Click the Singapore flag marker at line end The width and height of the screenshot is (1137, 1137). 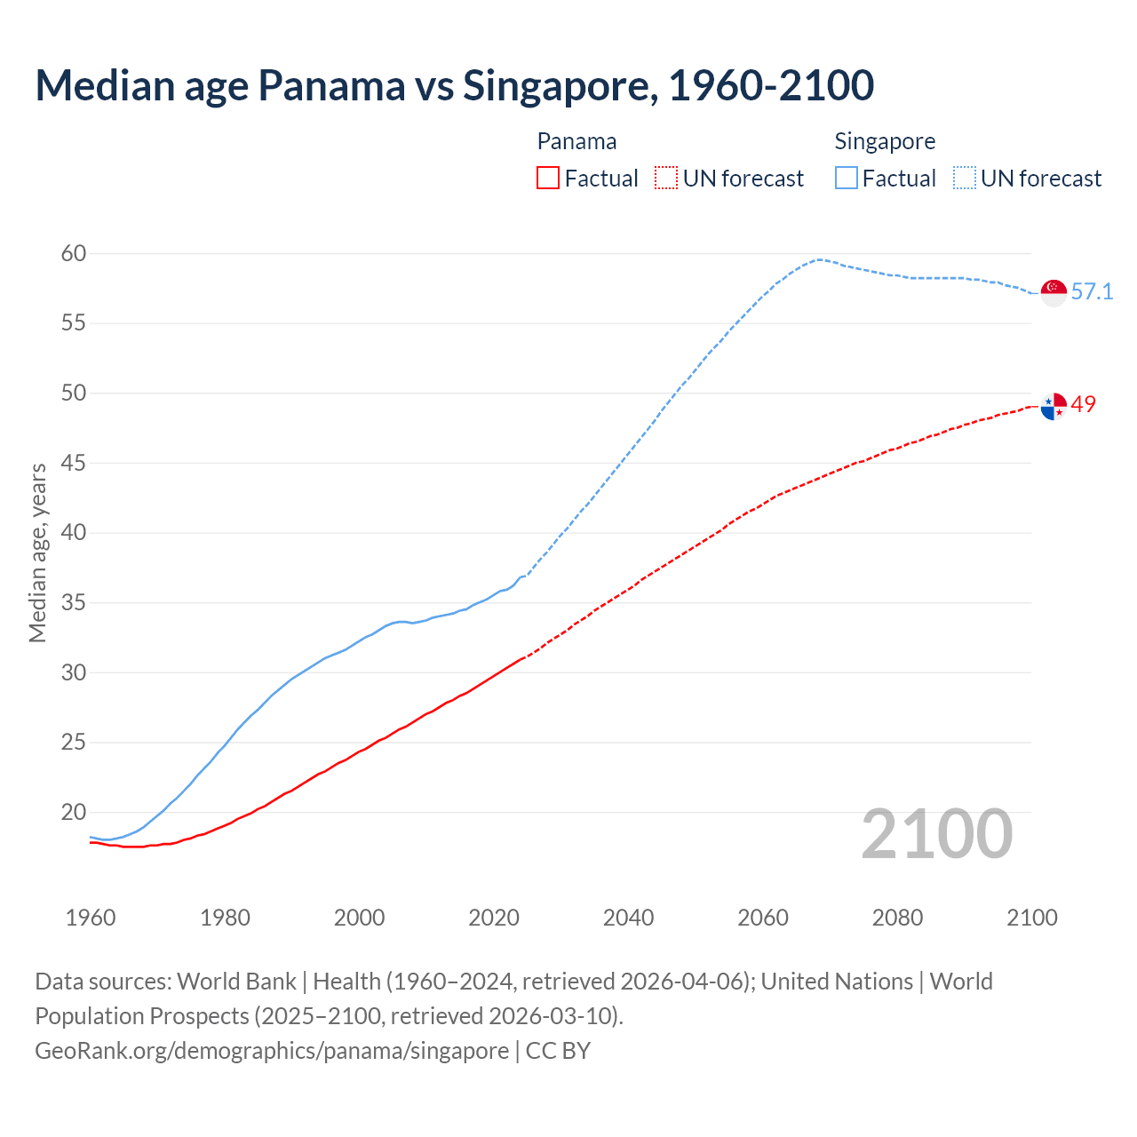1054,292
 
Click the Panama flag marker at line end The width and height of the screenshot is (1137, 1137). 1054,406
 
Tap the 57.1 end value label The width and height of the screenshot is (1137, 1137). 1092,291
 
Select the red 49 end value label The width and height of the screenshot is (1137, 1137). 1084,404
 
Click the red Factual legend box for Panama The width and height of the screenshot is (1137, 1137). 548,179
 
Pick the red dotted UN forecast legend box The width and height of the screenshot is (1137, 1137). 666,179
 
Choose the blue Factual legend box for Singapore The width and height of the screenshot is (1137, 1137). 847,179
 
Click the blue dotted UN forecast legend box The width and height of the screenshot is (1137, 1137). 965,179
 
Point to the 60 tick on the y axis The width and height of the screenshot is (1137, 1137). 74,254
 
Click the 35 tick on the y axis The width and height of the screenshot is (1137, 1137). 74,603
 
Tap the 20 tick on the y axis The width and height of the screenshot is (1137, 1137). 74,812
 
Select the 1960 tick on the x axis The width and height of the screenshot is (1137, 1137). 91,918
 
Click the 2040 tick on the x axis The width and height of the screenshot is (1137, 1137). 628,918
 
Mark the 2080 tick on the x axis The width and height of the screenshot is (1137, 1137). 897,918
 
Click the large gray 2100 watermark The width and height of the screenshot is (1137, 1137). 937,834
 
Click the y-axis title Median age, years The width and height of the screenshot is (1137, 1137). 37,553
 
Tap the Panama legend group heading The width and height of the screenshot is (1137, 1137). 576,141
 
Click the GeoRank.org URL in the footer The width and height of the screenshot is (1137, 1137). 272,1050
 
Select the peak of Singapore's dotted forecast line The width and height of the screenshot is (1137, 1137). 819,259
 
